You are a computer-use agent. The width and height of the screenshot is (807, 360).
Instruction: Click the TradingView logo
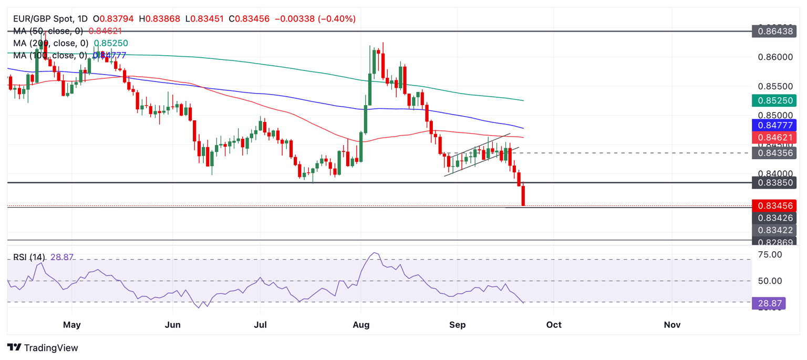tap(43, 348)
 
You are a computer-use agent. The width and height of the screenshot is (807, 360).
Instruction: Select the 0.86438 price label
tap(774, 31)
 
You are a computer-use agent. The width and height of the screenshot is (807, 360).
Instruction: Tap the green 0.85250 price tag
tap(774, 100)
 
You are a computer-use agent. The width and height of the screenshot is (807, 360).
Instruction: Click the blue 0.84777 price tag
tap(774, 125)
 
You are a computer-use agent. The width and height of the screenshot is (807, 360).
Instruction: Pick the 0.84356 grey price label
tap(774, 153)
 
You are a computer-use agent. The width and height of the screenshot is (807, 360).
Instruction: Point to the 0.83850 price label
tap(774, 182)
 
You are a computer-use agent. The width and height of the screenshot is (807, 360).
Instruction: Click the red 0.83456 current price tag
tap(774, 205)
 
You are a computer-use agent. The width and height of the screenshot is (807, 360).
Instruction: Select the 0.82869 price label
tap(774, 241)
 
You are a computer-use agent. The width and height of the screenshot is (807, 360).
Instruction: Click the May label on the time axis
tap(71, 325)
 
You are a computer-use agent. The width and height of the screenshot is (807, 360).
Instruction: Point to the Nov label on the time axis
tap(672, 325)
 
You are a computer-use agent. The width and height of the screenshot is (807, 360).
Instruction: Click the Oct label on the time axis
tap(554, 325)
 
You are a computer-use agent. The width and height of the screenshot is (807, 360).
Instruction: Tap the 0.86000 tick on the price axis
tap(774, 57)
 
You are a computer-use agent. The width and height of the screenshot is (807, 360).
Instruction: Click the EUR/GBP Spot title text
tap(44, 19)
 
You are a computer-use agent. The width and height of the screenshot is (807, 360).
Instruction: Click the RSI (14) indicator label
tap(29, 258)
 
